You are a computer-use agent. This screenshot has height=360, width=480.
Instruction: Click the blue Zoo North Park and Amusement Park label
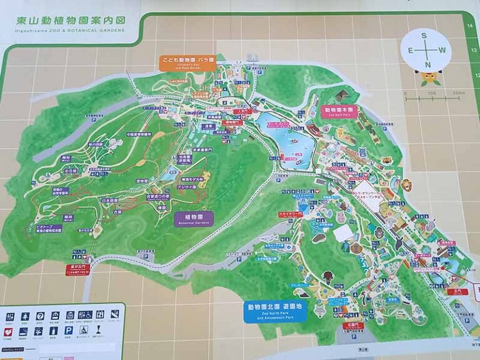[276, 311]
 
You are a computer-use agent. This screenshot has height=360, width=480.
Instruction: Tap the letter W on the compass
[442, 49]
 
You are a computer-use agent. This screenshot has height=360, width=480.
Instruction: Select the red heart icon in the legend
[9, 331]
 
